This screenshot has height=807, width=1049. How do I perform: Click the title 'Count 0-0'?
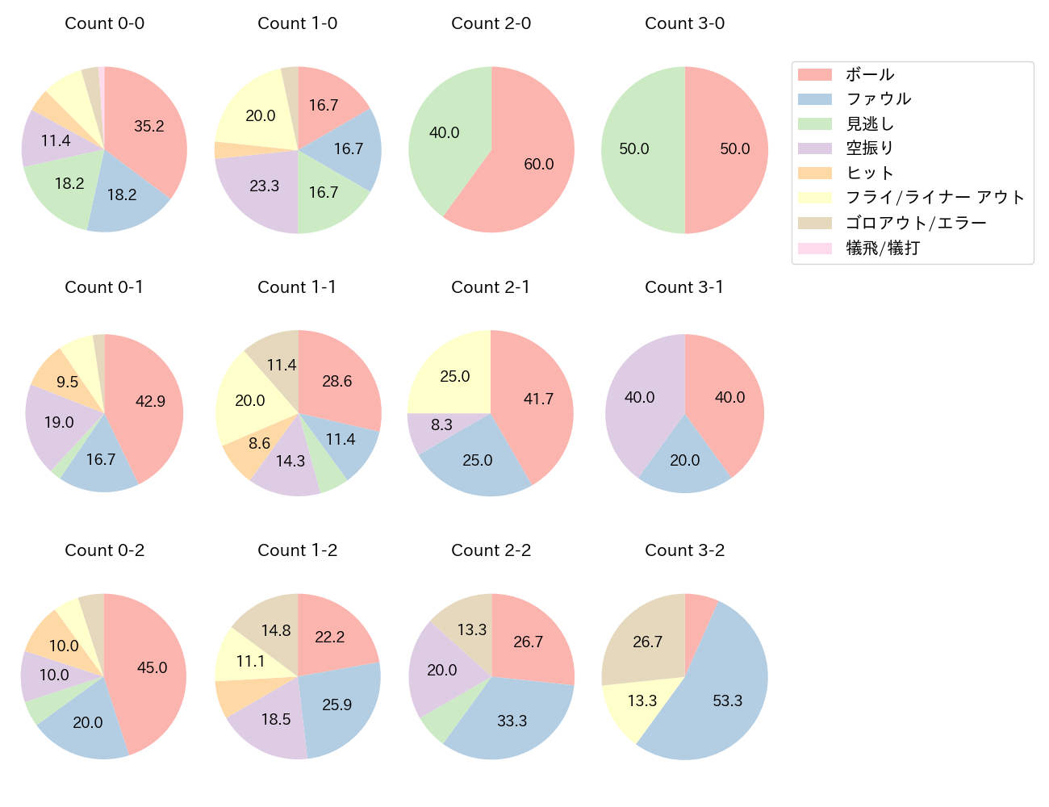[105, 23]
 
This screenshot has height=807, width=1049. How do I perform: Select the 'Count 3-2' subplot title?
[684, 550]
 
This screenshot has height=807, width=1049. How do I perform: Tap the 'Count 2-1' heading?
[491, 287]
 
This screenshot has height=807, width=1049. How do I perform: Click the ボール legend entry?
[870, 74]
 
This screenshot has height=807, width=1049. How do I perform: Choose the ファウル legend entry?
[878, 99]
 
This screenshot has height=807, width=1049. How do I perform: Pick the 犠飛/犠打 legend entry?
[883, 248]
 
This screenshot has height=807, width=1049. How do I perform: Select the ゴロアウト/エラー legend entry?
[916, 223]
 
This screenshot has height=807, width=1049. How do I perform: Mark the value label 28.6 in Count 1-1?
[337, 381]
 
